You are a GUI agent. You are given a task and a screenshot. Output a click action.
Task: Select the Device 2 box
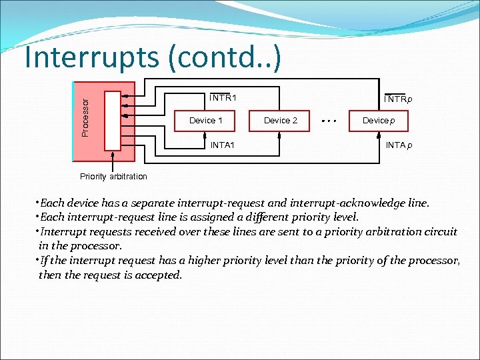point(281,121)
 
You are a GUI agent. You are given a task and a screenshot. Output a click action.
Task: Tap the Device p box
point(379,121)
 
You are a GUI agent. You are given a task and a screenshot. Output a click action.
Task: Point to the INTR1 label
point(223,98)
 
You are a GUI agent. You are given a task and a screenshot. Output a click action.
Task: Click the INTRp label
point(398,99)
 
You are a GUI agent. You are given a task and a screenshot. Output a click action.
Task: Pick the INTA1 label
point(222,145)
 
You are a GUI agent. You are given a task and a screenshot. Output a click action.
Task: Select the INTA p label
point(399,145)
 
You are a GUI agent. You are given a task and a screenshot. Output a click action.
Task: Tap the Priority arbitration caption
point(113,177)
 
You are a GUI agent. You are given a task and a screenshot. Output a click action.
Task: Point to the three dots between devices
point(328,121)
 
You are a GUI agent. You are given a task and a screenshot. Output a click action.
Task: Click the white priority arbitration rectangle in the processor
point(113,120)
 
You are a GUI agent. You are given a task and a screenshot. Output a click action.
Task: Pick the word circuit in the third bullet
point(440,231)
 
